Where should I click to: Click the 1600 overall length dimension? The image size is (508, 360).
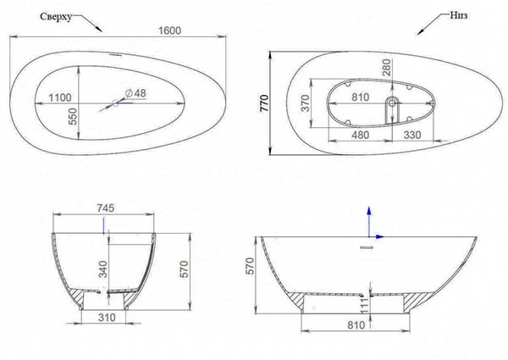(x=170, y=30)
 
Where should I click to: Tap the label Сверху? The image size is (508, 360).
(x=56, y=17)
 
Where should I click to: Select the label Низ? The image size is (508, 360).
(x=458, y=15)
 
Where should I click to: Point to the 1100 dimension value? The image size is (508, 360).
(x=59, y=97)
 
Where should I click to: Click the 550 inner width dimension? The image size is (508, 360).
(x=74, y=116)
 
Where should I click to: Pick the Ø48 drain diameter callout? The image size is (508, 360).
(x=135, y=93)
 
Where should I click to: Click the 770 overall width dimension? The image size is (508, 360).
(x=265, y=103)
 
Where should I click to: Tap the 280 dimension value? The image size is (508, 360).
(x=387, y=68)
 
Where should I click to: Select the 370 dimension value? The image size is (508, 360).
(x=306, y=103)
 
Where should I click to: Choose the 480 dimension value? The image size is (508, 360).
(x=361, y=135)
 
